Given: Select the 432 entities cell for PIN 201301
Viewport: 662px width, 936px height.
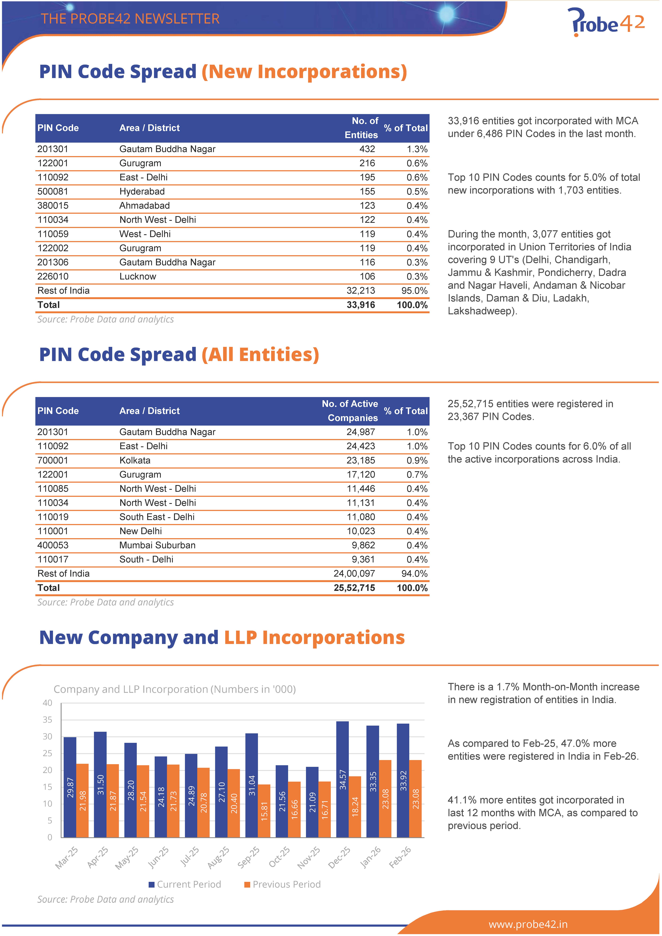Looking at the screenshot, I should click(367, 149).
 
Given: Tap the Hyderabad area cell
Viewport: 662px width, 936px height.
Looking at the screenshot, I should click(142, 192).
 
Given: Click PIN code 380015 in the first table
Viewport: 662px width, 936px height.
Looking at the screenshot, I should click(53, 206).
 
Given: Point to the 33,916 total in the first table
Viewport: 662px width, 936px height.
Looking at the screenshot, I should click(361, 305).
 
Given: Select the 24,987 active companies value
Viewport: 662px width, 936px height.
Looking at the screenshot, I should click(361, 432).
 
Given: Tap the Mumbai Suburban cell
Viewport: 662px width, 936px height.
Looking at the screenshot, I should click(157, 546).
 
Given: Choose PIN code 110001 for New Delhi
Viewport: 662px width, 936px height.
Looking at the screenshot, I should click(53, 531).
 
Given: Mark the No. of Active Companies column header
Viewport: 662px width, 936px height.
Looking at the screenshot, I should click(350, 411).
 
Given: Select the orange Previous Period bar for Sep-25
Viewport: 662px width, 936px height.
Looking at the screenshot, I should click(264, 811).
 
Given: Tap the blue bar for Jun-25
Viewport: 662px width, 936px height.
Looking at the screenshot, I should click(161, 797).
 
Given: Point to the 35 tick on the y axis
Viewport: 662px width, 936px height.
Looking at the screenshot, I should click(47, 720).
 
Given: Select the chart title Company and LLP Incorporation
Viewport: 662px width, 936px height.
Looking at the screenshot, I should click(175, 689).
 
